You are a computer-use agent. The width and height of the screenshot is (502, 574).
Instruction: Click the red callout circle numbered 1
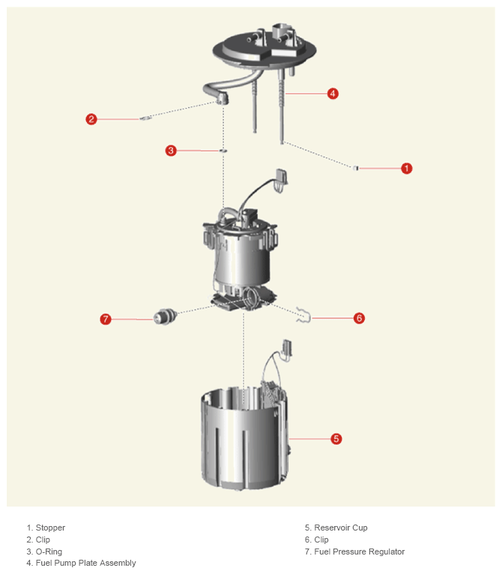406,169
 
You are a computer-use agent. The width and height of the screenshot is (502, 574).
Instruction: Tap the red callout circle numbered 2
91,119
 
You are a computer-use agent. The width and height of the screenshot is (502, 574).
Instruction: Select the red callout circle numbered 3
171,151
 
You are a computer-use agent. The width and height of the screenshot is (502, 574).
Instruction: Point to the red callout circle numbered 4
333,94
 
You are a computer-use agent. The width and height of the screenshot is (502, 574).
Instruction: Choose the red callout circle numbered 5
336,438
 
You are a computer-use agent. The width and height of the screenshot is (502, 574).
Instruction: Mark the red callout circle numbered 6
359,318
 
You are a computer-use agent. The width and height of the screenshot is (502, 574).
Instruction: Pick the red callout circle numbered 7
106,319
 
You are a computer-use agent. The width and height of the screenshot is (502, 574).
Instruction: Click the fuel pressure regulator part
165,317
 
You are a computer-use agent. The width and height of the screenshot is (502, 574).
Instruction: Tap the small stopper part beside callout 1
355,168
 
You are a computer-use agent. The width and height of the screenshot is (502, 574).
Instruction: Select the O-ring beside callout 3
223,151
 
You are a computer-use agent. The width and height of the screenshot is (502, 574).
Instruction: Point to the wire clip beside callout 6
304,315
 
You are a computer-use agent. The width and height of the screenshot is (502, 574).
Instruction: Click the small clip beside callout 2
145,118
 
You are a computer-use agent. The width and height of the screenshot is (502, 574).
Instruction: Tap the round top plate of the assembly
264,50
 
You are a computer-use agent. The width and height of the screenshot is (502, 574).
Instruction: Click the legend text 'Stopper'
50,528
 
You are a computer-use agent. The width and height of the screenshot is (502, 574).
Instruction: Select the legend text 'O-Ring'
49,552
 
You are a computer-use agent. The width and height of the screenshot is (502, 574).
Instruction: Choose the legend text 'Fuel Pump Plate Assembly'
85,563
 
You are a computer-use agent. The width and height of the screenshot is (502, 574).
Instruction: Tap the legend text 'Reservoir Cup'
341,528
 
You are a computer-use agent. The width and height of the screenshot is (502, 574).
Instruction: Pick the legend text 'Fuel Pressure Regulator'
360,552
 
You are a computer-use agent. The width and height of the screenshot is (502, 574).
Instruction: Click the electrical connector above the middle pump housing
282,178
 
